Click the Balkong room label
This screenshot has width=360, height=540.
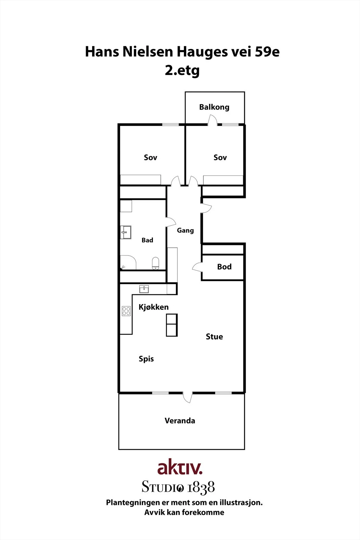[214, 107]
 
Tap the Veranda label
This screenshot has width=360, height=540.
[180, 421]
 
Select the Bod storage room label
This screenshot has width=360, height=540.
[224, 267]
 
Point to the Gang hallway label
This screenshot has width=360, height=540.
[185, 231]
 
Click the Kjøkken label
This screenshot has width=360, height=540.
[154, 307]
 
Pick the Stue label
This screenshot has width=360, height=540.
[214, 336]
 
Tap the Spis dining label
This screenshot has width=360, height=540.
[146, 359]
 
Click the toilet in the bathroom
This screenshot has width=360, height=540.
[156, 263]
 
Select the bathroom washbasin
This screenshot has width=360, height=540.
[126, 233]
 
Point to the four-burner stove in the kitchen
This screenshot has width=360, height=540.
[126, 311]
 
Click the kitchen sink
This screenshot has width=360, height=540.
[144, 289]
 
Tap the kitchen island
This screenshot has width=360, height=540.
[172, 325]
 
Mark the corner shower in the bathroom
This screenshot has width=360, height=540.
[128, 262]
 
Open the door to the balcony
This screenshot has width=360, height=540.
[213, 120]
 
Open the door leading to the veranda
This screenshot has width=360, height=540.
[188, 398]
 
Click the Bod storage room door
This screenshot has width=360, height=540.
[197, 267]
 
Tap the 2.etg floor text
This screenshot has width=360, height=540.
[182, 71]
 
